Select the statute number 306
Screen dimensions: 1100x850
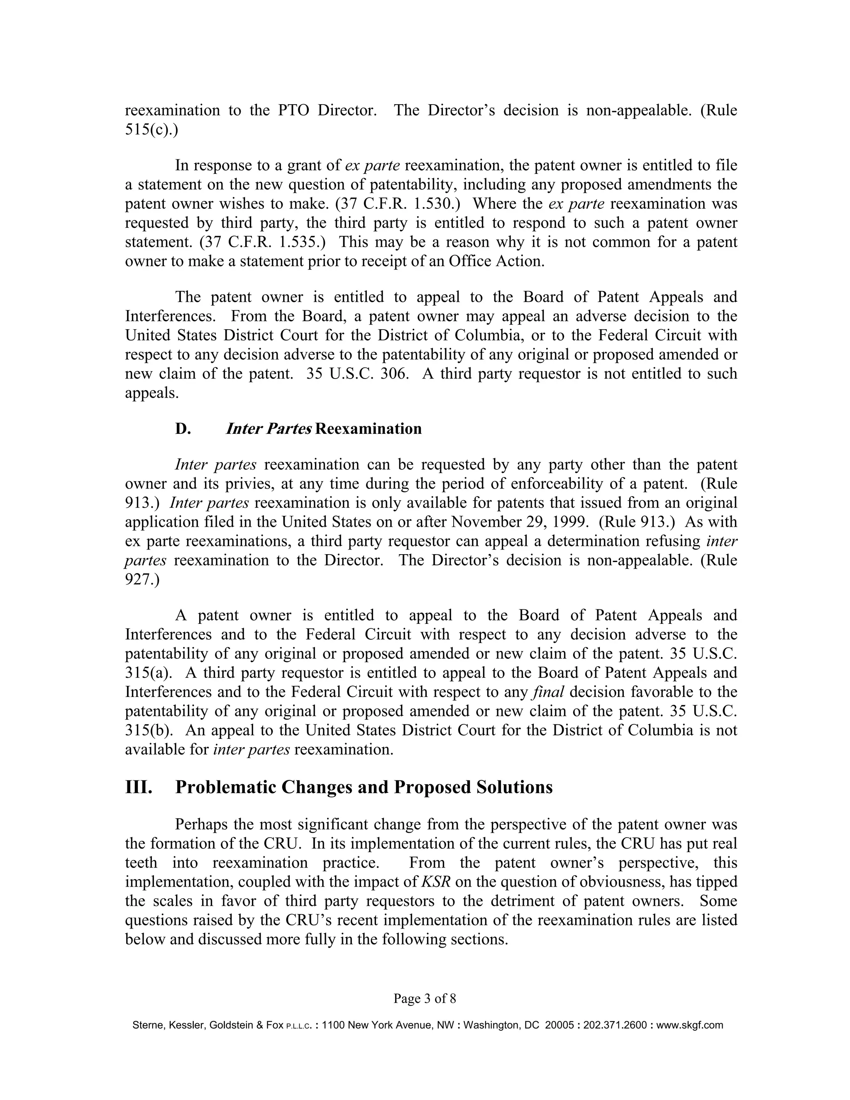tap(394, 374)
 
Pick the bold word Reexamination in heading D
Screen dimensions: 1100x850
tap(369, 429)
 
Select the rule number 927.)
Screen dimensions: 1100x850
tap(142, 580)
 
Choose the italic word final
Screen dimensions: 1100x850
tap(548, 692)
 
